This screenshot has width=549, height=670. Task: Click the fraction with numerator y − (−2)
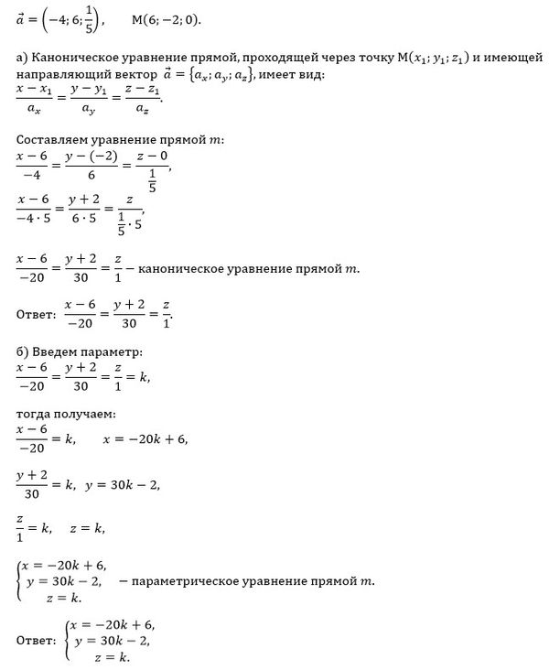coord(100,165)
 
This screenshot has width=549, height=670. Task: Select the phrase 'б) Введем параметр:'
coord(79,352)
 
